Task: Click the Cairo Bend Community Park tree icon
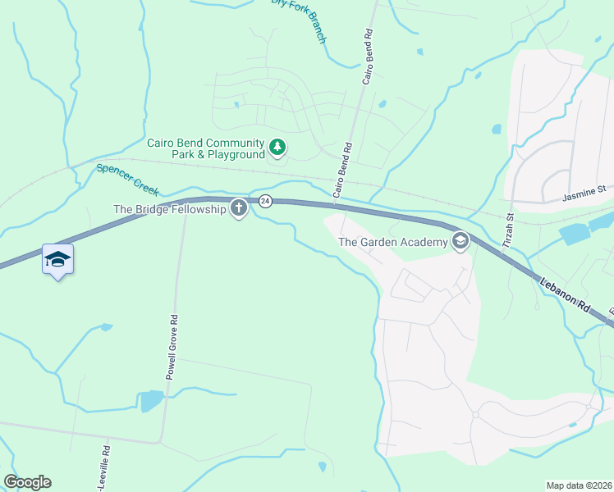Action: (x=278, y=148)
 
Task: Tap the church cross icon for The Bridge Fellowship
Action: (x=239, y=209)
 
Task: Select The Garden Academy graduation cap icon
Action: (x=460, y=241)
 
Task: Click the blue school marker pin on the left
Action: (x=57, y=260)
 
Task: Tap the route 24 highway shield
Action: (x=265, y=201)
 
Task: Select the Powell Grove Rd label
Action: (x=172, y=344)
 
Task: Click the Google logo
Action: (x=27, y=482)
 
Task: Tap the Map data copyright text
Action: (x=579, y=485)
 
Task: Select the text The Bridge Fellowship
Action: (x=169, y=209)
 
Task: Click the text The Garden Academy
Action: (x=393, y=241)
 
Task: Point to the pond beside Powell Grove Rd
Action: (x=151, y=401)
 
